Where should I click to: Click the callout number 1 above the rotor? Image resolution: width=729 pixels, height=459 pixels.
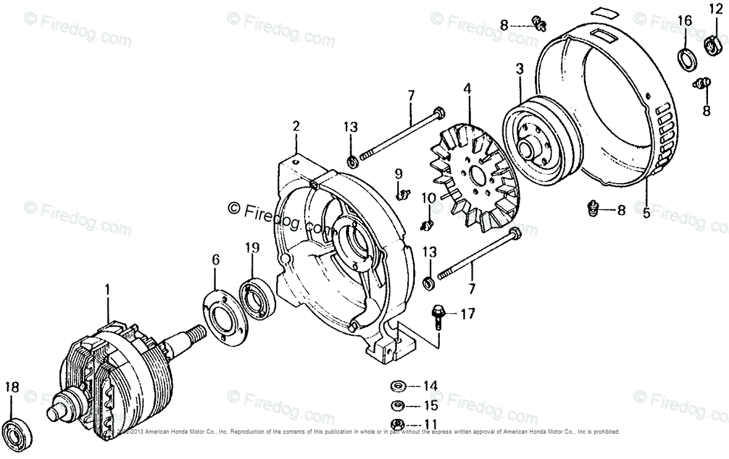point(107,289)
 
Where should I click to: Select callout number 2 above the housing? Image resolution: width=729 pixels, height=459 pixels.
point(296,127)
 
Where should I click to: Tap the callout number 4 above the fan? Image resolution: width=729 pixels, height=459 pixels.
point(468,89)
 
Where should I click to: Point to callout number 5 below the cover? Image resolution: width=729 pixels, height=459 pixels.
point(646,213)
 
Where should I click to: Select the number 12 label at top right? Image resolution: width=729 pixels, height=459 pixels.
point(715,9)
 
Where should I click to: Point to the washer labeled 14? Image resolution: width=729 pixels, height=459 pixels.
point(397,387)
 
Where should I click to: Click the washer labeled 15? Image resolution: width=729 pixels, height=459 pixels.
point(397,406)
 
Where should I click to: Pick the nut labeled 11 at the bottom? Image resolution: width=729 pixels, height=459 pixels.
point(397,424)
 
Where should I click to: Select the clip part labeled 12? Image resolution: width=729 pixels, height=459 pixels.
point(714,44)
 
